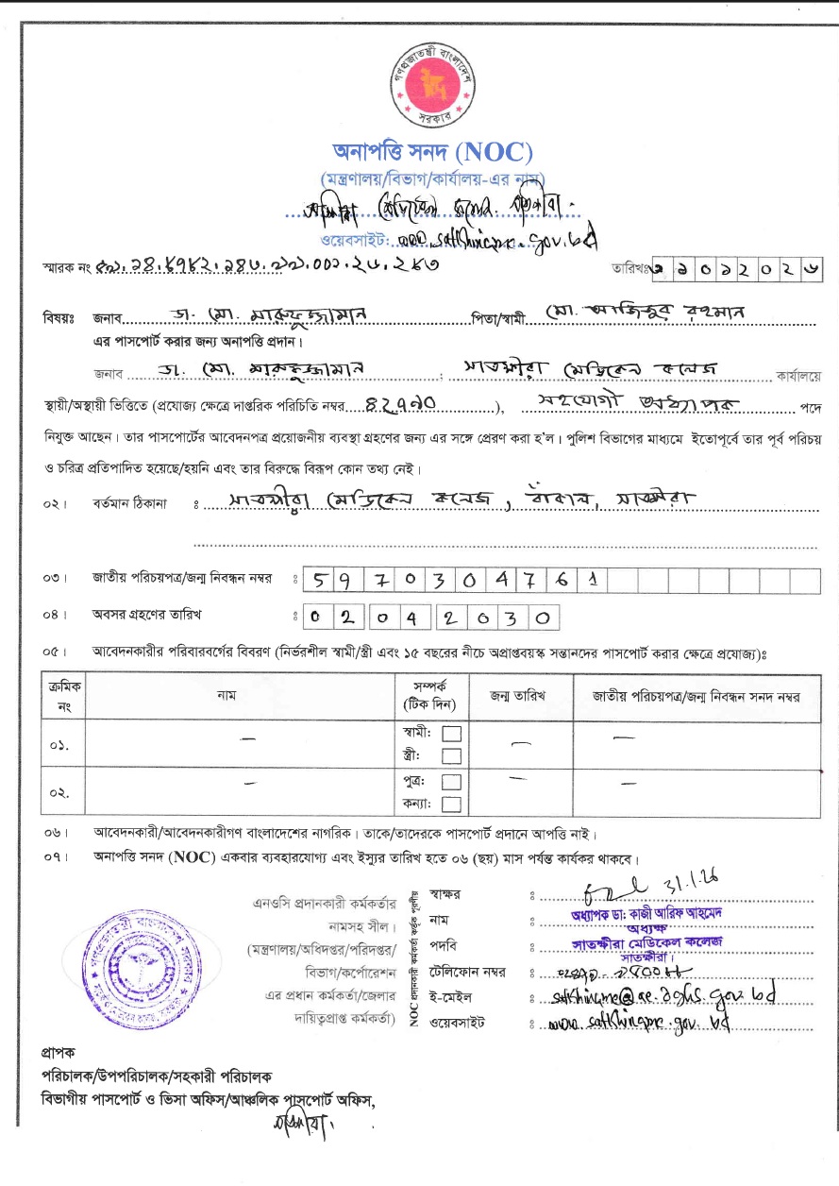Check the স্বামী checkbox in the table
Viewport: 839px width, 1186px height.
pyautogui.click(x=452, y=733)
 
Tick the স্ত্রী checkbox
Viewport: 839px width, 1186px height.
pyautogui.click(x=452, y=755)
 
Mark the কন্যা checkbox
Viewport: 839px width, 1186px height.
pyautogui.click(x=452, y=804)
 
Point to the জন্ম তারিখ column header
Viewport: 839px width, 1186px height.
pyautogui.click(x=517, y=696)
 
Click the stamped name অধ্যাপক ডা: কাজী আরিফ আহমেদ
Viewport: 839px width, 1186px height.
pyautogui.click(x=647, y=913)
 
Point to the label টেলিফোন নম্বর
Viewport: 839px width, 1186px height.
pyautogui.click(x=467, y=971)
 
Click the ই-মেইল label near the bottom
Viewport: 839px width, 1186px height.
pyautogui.click(x=449, y=996)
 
